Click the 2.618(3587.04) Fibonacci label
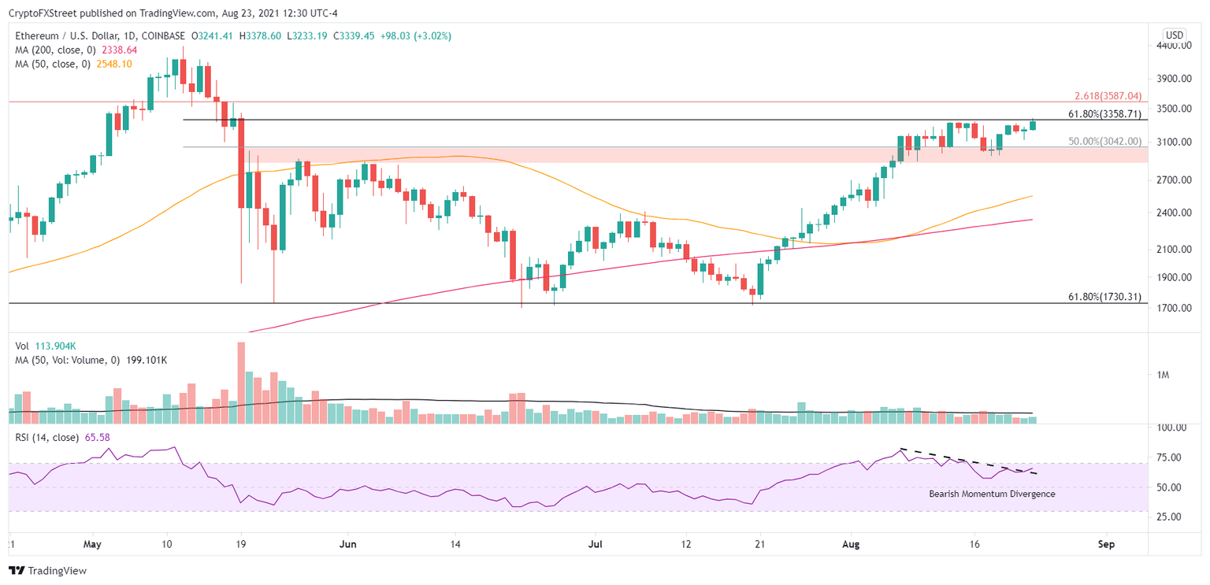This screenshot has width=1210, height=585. [x=1108, y=96]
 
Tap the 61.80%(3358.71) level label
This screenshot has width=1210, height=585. [x=1104, y=114]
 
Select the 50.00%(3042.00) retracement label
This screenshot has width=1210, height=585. [x=1104, y=142]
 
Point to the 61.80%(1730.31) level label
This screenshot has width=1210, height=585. [x=1104, y=298]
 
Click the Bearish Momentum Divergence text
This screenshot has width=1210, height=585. [x=991, y=494]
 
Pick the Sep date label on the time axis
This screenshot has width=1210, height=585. [x=1106, y=544]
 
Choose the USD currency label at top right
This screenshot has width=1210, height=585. [x=1175, y=35]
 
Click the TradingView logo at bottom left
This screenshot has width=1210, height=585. [x=49, y=571]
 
